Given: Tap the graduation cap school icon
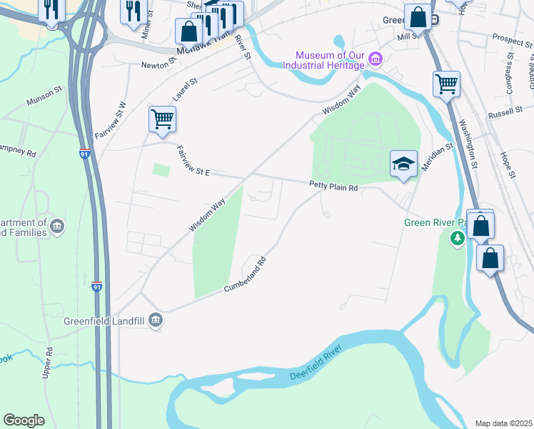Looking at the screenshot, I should pyautogui.click(x=403, y=164).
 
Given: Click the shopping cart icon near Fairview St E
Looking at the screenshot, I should pyautogui.click(x=162, y=118).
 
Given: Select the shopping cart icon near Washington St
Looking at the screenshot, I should pyautogui.click(x=446, y=84).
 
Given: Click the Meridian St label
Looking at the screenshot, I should pyautogui.click(x=437, y=156).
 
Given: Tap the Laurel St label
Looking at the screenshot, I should pyautogui.click(x=183, y=90).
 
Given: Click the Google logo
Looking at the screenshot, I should pyautogui.click(x=24, y=420).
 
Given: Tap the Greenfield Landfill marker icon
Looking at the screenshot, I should pyautogui.click(x=155, y=321).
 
